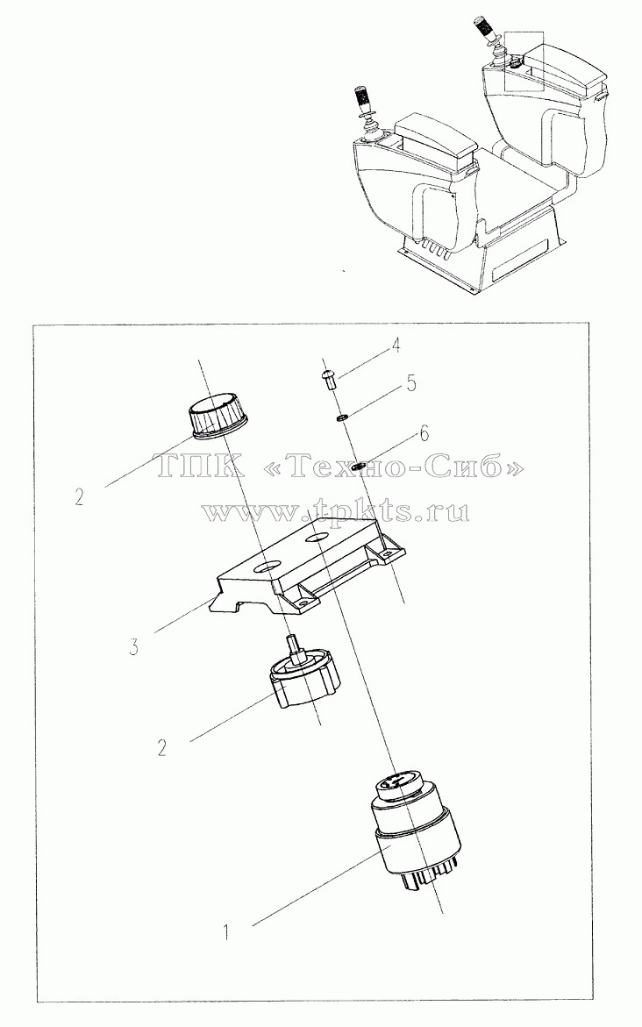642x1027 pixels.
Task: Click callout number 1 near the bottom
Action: pyautogui.click(x=226, y=931)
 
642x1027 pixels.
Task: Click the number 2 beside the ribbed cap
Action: pyautogui.click(x=79, y=498)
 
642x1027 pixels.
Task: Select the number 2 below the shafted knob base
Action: pyautogui.click(x=162, y=747)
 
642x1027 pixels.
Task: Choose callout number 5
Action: pyautogui.click(x=411, y=382)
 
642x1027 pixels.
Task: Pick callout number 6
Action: pyautogui.click(x=424, y=433)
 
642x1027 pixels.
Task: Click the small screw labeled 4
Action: pyautogui.click(x=330, y=379)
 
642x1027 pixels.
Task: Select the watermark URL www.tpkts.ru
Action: pyautogui.click(x=336, y=510)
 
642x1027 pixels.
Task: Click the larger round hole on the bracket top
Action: pyautogui.click(x=267, y=565)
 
